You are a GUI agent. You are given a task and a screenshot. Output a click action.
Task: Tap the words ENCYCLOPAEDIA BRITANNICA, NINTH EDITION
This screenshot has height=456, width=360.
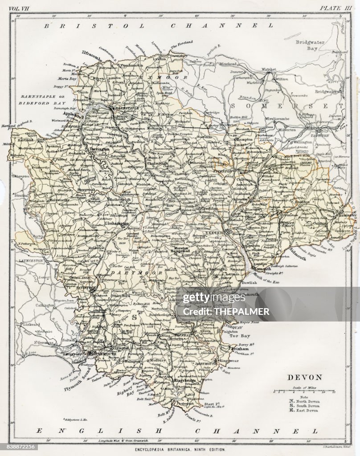[x=179, y=450]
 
